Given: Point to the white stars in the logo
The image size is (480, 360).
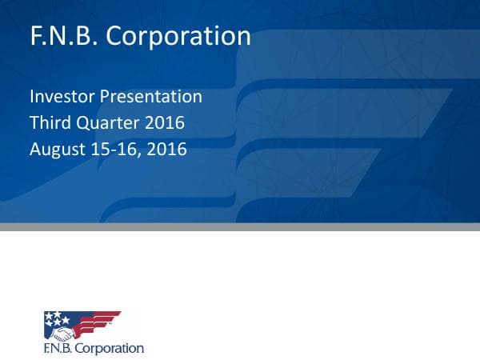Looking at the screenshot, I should coord(57,318).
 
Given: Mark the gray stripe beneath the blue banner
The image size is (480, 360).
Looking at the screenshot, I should coord(240,226).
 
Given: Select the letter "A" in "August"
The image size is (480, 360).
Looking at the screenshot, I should coord(35,149).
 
